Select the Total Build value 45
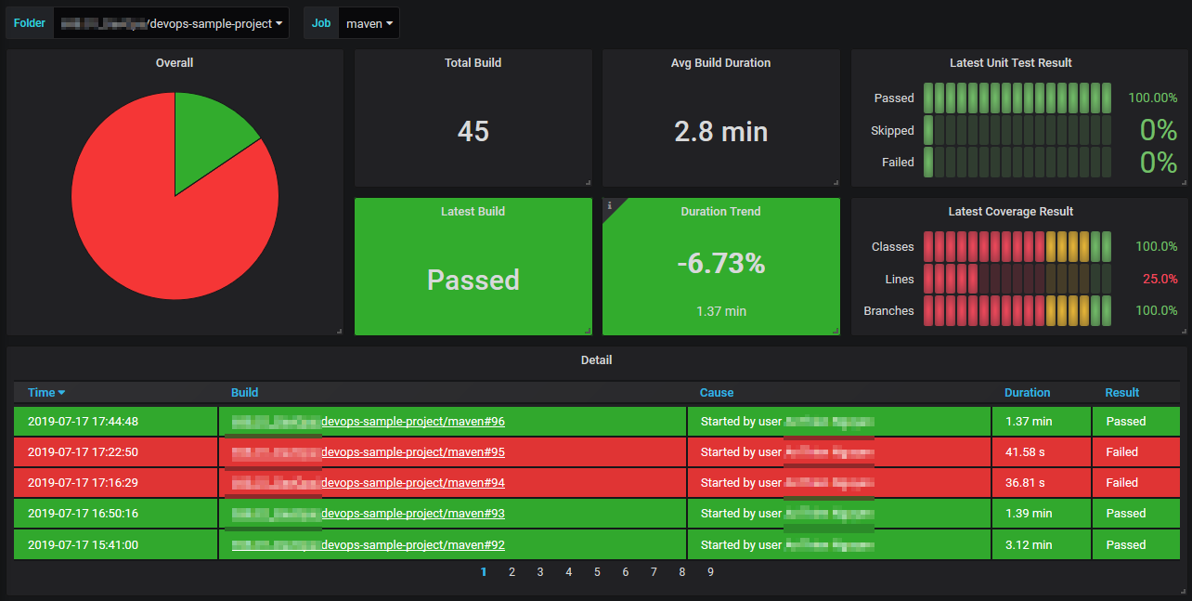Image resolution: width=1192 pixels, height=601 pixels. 473,131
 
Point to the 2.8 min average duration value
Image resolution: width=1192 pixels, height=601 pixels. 720,131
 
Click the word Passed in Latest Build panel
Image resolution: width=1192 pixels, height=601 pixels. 473,280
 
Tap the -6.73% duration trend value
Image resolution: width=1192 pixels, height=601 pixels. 720,264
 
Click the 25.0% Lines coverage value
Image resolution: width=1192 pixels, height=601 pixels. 1160,279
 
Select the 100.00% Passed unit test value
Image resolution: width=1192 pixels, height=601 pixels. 1152,98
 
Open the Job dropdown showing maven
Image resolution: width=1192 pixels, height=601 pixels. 369,23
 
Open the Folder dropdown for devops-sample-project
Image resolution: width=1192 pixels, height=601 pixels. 171,23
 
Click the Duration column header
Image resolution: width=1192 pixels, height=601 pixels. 1027,393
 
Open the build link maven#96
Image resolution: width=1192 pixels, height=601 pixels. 413,422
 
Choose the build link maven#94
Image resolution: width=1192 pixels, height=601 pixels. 413,483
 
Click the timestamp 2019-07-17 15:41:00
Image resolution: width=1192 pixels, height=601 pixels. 83,544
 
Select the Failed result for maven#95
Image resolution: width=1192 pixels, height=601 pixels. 1121,452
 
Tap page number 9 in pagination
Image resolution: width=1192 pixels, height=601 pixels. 710,572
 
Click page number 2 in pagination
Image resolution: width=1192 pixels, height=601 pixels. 512,572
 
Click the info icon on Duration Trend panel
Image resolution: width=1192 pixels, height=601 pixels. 610,205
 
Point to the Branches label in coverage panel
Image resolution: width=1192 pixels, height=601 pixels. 888,310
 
